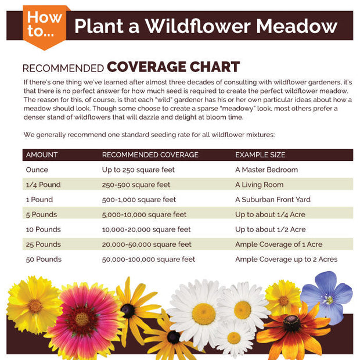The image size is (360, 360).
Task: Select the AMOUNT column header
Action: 42,155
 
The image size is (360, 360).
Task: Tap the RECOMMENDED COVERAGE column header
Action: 150,155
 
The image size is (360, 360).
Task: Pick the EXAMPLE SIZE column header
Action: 260,155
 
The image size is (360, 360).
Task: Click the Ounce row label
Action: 37,170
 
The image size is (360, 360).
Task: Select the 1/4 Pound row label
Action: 44,185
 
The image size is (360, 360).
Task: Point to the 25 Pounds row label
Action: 44,244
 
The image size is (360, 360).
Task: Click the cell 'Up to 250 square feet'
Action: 138,170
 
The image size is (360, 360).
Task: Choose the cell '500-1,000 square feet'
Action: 139,200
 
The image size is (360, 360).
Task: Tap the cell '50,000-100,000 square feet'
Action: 149,260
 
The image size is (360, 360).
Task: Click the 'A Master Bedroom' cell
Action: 267,170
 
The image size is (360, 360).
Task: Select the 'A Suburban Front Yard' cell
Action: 273,200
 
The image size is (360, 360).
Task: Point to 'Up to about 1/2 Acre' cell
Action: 271,229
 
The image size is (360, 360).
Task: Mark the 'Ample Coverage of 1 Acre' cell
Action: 279,244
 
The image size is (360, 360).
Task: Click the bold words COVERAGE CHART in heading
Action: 173,67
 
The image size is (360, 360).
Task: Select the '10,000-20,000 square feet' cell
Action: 146,229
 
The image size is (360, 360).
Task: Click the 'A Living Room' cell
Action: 260,185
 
